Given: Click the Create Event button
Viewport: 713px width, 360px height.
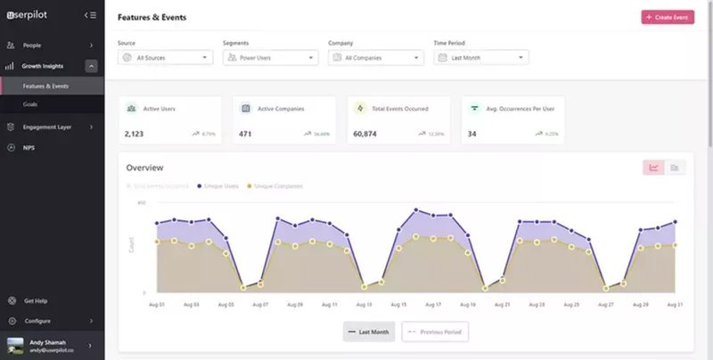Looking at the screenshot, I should click(667, 17).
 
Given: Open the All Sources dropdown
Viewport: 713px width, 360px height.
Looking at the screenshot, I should click(165, 57).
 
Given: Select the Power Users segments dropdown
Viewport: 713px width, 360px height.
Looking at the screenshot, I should click(270, 57).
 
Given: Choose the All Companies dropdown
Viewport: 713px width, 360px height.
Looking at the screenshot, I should click(375, 57).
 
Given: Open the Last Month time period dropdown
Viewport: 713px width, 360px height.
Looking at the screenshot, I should click(480, 57).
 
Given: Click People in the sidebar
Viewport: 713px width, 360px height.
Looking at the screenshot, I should click(32, 45).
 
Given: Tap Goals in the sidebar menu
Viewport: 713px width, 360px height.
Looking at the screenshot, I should click(30, 104).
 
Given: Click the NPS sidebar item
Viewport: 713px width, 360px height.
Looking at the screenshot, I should click(29, 147).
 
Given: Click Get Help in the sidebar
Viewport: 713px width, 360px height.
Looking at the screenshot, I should click(37, 300).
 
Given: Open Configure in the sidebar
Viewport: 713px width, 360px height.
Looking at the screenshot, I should click(37, 321).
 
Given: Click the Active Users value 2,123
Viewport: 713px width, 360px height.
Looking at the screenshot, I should click(134, 134).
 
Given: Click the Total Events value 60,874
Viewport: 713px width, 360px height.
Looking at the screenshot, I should click(365, 134).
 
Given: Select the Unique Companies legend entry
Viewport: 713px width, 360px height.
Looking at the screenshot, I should click(277, 186).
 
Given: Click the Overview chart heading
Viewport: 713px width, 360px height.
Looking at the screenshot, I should click(144, 168).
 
